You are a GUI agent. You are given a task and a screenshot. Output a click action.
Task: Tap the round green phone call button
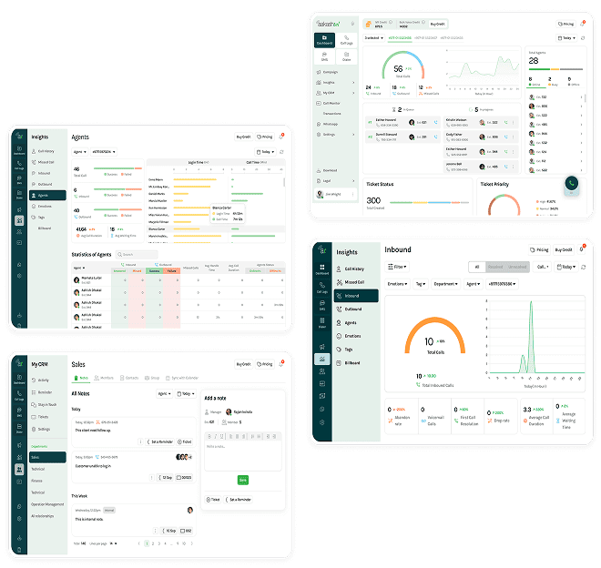point(571,183)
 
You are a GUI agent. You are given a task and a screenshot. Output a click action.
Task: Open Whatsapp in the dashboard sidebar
point(330,124)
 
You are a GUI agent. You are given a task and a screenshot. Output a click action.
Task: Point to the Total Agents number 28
point(534,61)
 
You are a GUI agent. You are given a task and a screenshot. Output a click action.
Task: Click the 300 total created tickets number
point(373,200)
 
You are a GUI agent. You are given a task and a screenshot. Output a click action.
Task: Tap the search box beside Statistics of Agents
point(138,254)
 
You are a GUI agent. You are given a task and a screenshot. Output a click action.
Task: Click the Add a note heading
point(216,398)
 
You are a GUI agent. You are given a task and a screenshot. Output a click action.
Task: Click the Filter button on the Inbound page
point(398,267)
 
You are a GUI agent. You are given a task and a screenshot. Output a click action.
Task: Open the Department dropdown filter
point(444,284)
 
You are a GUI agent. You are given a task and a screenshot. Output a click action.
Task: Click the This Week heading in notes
point(80,496)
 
